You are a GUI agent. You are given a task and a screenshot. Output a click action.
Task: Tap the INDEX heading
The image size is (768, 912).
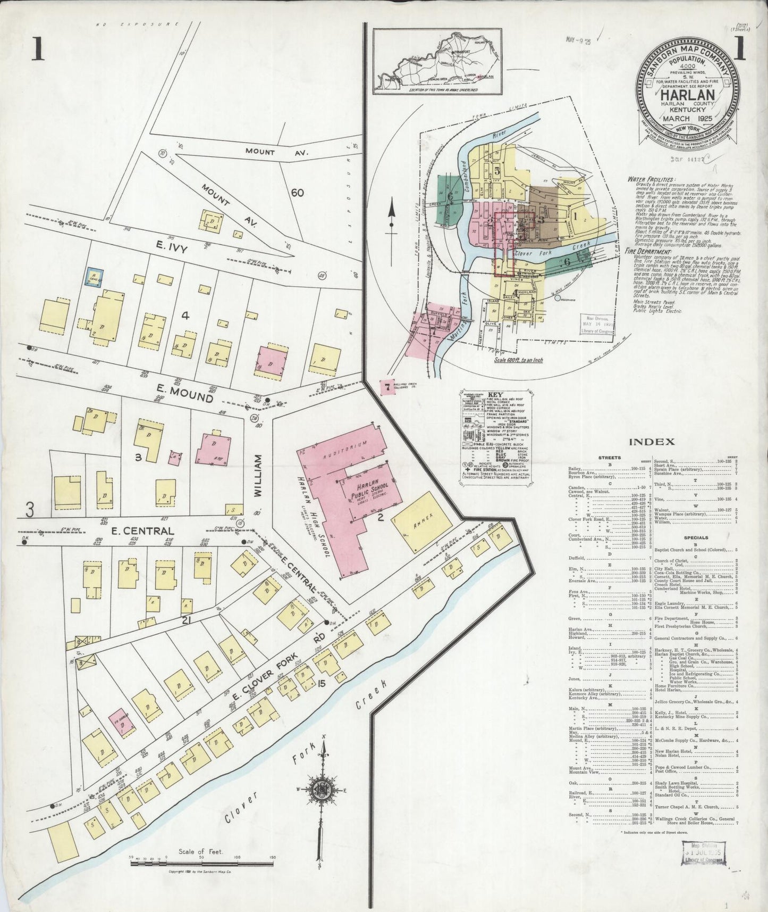[652, 441]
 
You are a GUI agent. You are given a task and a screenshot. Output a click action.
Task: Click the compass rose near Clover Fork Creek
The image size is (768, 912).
[322, 788]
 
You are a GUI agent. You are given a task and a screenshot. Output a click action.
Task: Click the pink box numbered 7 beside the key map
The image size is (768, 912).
[387, 388]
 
